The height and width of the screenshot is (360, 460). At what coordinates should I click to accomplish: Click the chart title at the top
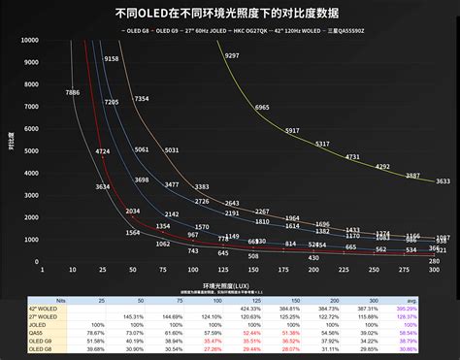(x=230, y=15)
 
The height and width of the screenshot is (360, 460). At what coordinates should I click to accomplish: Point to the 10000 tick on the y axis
(x=54, y=41)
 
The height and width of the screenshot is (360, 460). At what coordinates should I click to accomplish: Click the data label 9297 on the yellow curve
(x=231, y=56)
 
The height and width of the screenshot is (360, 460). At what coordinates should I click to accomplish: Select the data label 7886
(x=73, y=92)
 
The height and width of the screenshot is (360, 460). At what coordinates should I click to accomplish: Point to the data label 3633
(x=443, y=181)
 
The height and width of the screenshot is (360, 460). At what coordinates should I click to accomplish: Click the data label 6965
(x=262, y=107)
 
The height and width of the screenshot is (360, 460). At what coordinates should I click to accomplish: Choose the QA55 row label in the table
(x=40, y=331)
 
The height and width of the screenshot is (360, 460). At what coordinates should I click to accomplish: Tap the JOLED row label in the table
(x=40, y=323)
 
